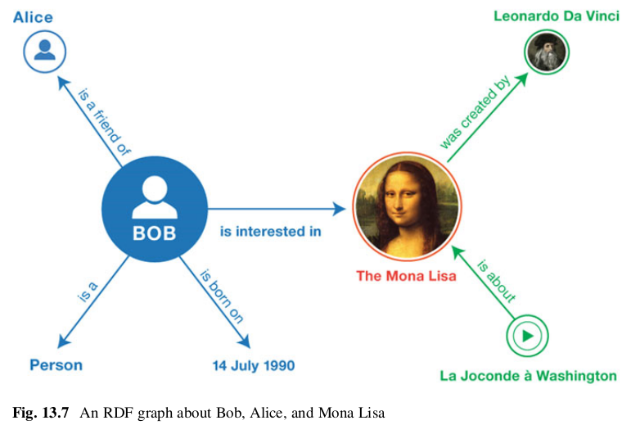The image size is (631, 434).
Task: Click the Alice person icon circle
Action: (44, 51)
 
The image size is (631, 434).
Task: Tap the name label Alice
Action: (33, 16)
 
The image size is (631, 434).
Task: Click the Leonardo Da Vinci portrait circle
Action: (545, 53)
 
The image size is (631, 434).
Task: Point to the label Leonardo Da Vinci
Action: (557, 16)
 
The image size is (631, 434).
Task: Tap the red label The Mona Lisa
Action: (406, 276)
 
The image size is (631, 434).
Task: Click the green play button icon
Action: (527, 335)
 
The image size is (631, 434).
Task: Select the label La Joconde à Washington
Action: (528, 376)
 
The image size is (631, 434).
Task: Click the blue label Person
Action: (56, 365)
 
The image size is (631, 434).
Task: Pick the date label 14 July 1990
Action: (254, 365)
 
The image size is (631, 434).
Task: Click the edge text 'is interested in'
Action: (270, 232)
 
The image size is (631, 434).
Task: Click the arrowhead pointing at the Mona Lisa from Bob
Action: (341, 210)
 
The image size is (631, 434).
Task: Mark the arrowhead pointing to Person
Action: (60, 343)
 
